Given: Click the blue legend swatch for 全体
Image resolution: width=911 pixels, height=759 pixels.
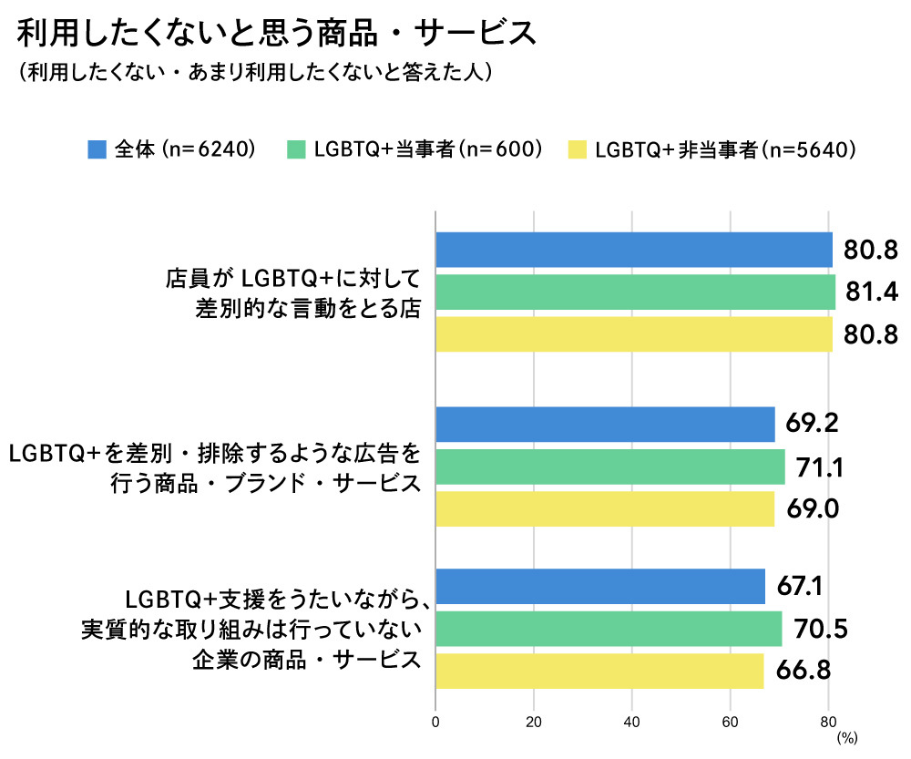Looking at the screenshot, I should [x=97, y=149].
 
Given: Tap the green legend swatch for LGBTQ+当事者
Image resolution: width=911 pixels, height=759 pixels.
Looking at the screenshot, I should [x=295, y=149].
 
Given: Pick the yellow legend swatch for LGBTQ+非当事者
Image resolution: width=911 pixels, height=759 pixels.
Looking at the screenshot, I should [x=577, y=149].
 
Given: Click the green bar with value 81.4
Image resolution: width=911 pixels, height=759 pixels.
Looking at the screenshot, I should [x=635, y=292].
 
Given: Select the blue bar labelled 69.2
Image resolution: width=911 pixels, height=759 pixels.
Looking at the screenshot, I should [x=605, y=425].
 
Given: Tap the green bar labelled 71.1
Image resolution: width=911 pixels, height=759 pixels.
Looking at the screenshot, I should [x=609, y=467].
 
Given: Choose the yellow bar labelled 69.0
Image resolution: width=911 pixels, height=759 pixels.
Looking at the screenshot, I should [x=605, y=508].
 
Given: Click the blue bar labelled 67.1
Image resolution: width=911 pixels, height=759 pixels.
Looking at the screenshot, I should [x=600, y=586].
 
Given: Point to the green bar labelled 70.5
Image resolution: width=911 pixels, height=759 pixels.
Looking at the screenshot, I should [x=609, y=629].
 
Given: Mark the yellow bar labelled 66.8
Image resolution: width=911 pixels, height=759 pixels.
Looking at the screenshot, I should [x=599, y=671].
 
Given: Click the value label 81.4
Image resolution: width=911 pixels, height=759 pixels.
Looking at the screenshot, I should [x=873, y=292].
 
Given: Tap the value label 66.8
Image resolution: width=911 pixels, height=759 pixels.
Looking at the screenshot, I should [x=804, y=671].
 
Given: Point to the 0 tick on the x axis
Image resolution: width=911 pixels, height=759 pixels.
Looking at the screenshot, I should [x=436, y=723].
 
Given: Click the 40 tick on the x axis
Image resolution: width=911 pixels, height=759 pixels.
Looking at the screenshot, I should [x=632, y=723].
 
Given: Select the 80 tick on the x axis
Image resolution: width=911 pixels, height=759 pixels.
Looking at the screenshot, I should [x=828, y=723].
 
